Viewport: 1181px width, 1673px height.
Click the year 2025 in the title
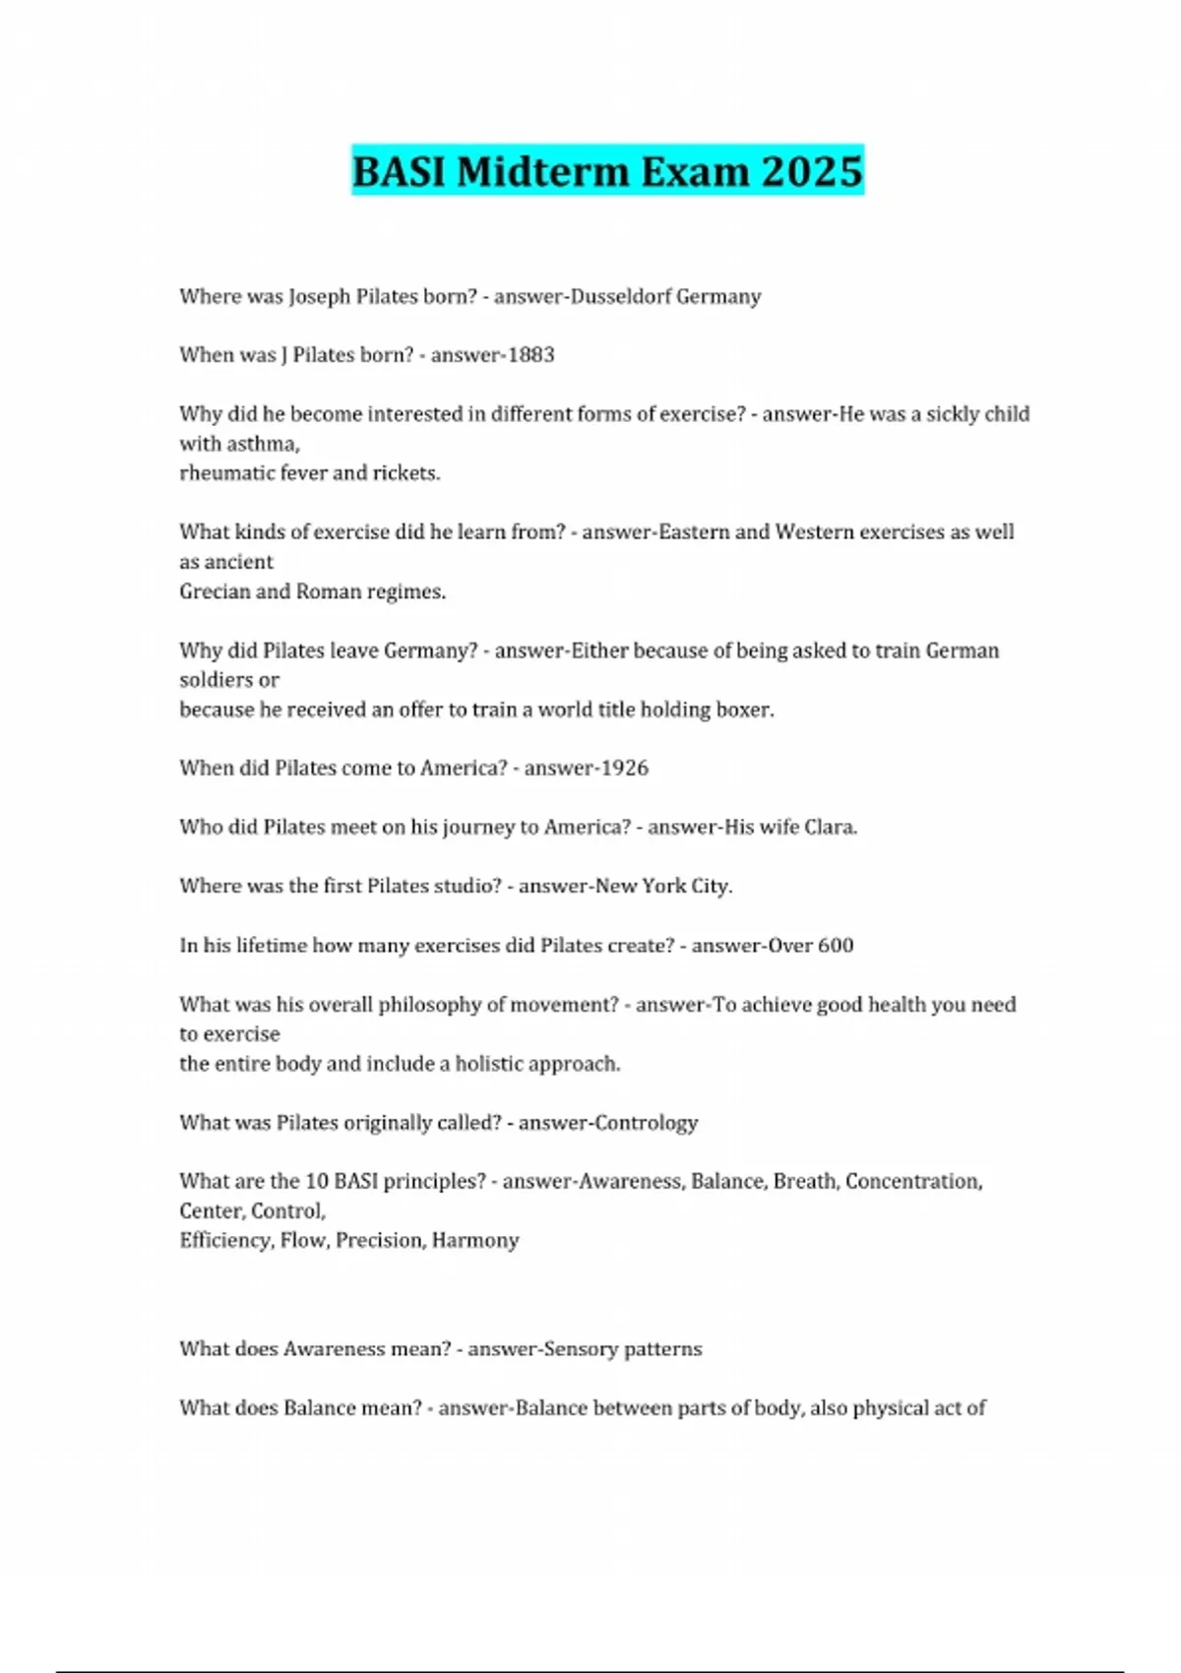812,171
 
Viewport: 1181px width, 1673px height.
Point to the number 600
835,946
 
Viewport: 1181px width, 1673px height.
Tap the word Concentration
913,1182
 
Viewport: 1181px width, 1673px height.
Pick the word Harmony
475,1241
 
